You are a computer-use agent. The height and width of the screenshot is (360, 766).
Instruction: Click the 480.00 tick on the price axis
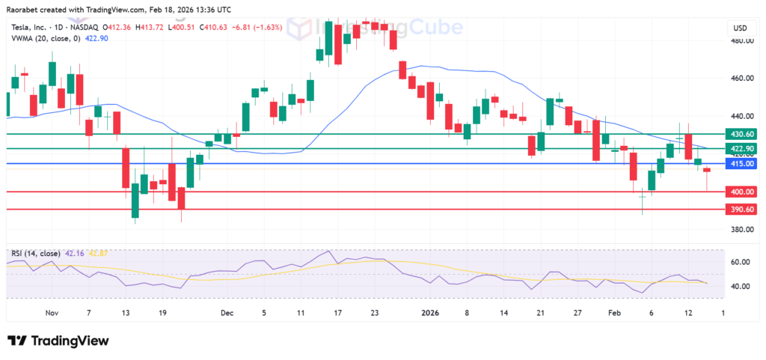(742, 41)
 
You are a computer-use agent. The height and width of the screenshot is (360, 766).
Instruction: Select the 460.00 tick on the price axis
(742, 78)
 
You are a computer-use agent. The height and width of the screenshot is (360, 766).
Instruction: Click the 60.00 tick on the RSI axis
(740, 262)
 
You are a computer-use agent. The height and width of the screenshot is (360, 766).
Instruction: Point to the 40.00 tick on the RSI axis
(740, 287)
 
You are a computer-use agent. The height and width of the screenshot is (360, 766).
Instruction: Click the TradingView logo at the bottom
(58, 341)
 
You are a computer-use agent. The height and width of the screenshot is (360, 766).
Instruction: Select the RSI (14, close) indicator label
(36, 253)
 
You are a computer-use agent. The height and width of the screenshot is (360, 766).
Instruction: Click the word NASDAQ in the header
(89, 28)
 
